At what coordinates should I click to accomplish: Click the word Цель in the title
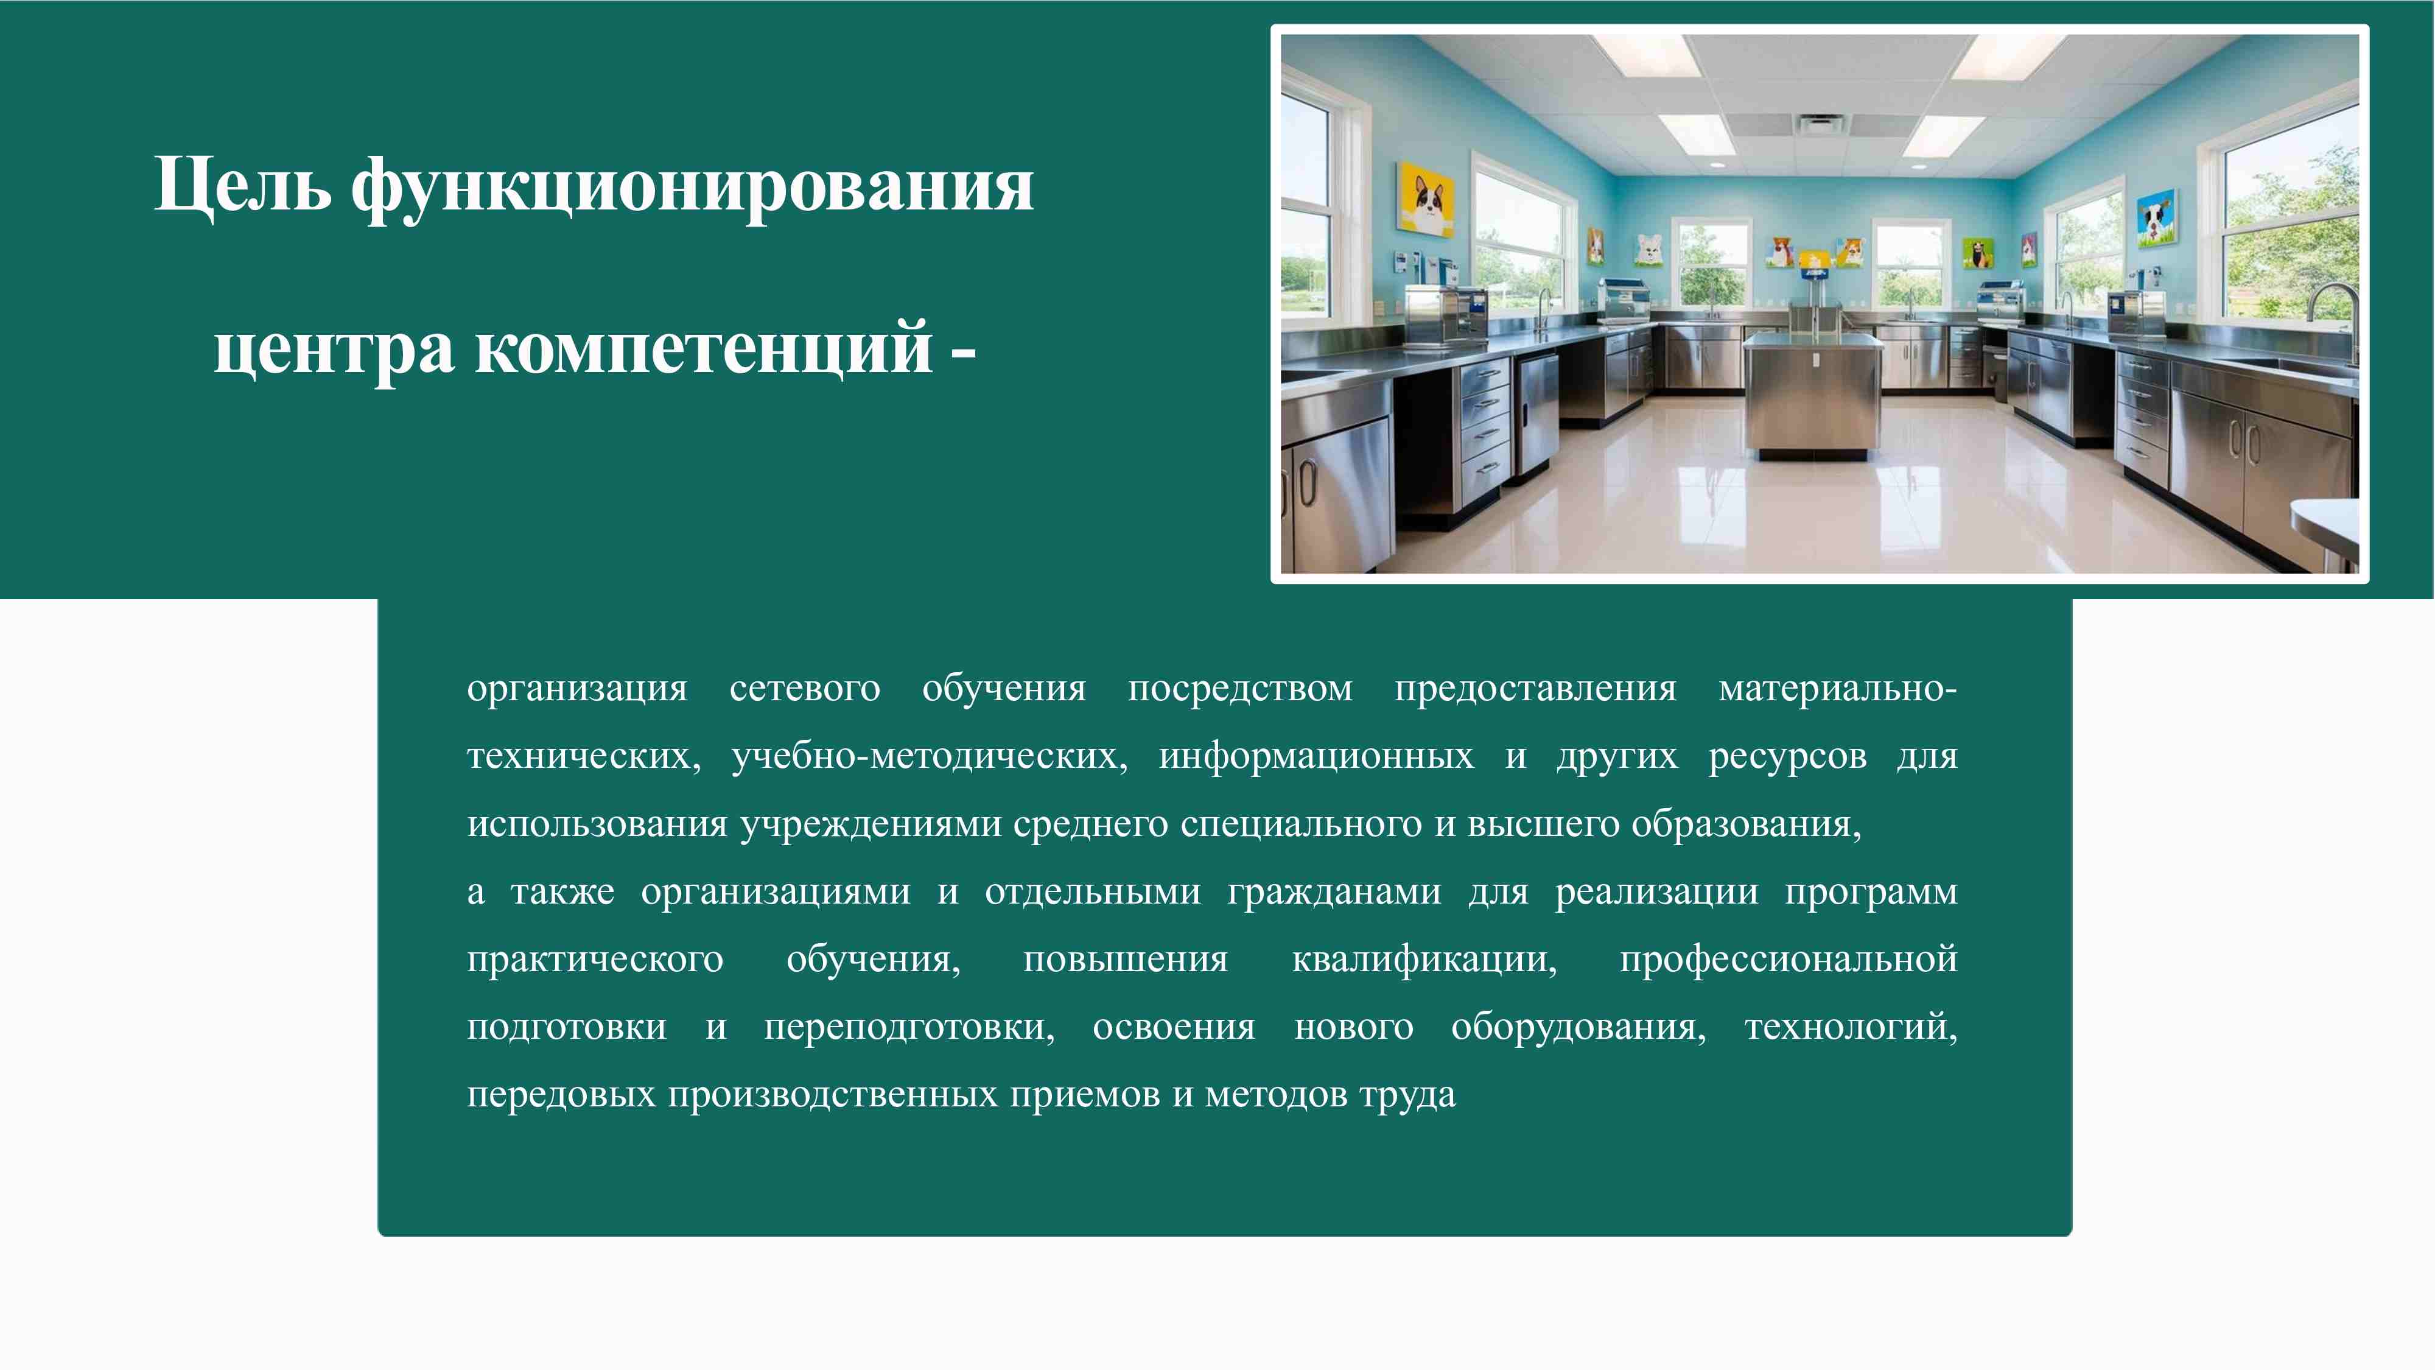coord(242,185)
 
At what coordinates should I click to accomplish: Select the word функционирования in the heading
coord(692,187)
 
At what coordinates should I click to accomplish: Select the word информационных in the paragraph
coord(1316,756)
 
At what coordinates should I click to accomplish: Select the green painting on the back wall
coord(1977,253)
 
